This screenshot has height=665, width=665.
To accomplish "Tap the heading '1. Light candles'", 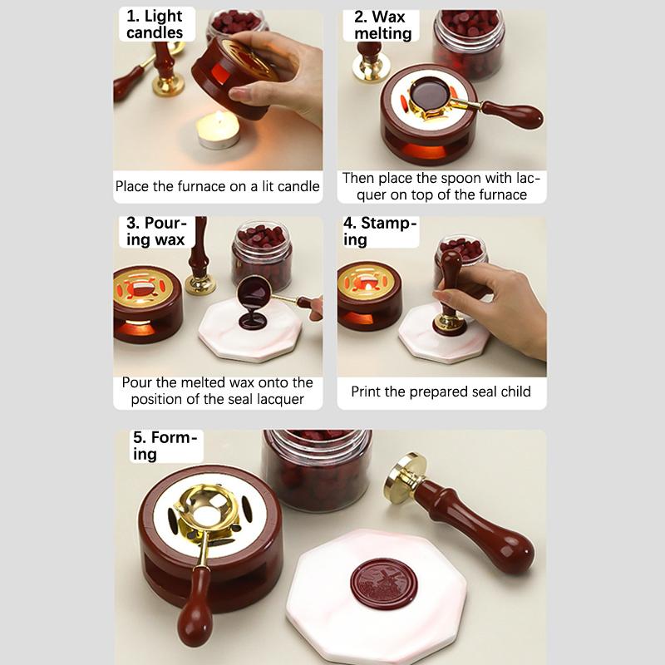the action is (x=155, y=24).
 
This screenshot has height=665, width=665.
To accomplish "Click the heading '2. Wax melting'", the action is (x=382, y=25).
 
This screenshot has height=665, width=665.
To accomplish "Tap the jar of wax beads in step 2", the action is (x=469, y=44).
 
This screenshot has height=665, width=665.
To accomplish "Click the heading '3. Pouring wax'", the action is (x=156, y=231).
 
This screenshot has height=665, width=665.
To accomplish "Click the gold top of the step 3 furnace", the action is (x=142, y=286).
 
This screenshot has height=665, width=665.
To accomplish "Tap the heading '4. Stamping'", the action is (x=380, y=231).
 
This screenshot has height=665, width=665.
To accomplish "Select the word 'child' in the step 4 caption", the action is (x=515, y=391).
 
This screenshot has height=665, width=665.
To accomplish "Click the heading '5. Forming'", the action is (x=165, y=446).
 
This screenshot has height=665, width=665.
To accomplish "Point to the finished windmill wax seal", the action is (x=384, y=584).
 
